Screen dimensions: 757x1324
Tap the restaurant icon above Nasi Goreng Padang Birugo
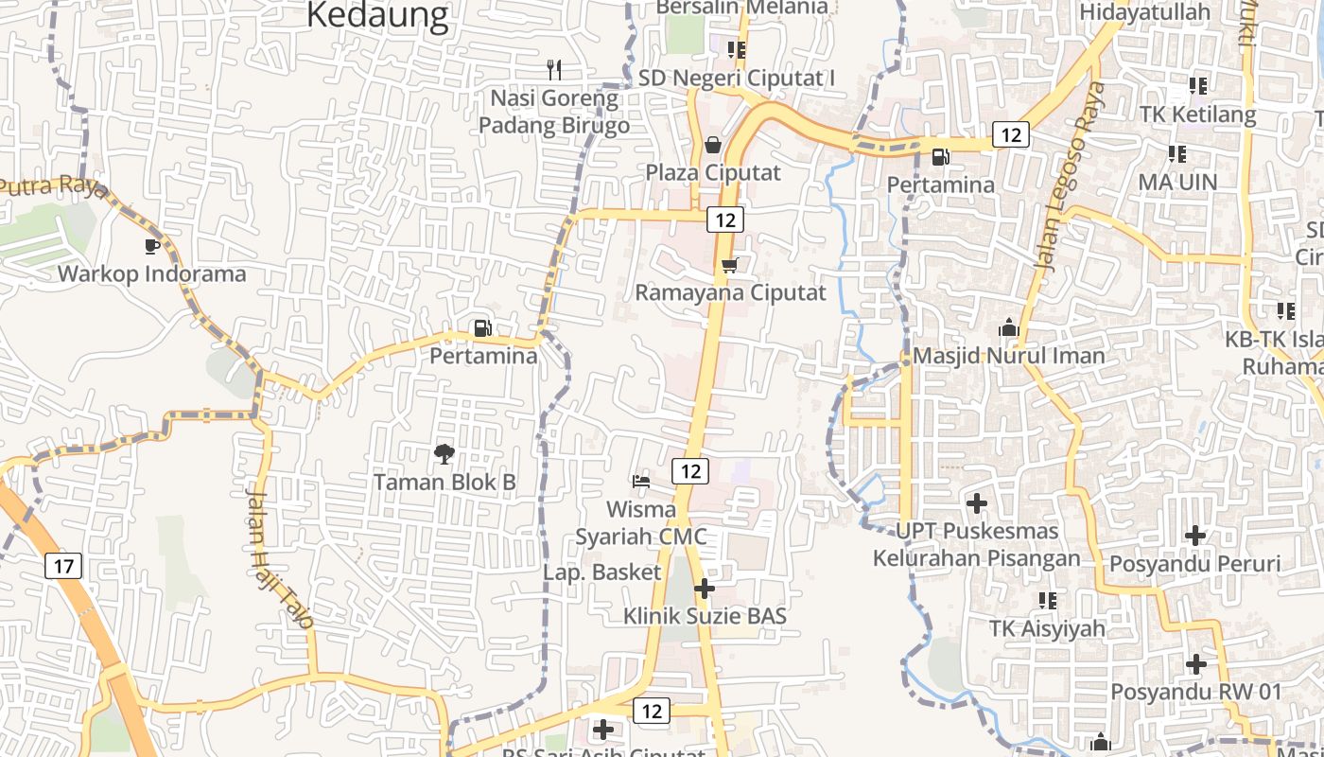pos(554,69)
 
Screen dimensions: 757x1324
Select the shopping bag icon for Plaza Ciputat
pos(713,145)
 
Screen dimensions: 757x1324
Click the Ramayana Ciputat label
pos(730,292)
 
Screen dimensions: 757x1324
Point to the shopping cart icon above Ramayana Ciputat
pos(729,265)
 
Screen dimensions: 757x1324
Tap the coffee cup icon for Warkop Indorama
pos(151,246)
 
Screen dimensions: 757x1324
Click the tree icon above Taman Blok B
pos(444,454)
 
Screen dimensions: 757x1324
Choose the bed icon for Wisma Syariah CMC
pos(641,481)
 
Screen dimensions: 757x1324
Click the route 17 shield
pos(63,567)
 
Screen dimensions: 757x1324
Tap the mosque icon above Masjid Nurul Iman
pos(1008,328)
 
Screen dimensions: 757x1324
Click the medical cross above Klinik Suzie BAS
pos(704,589)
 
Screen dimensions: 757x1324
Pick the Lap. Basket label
pos(601,572)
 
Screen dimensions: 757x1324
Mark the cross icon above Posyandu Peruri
pos(1195,536)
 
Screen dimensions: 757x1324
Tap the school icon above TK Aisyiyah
pos(1047,600)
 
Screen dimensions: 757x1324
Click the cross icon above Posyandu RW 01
pos(1195,663)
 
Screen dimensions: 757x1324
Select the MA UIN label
pos(1177,181)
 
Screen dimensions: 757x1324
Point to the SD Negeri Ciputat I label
pos(737,78)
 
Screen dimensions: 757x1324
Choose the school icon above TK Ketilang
pos(1198,86)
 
